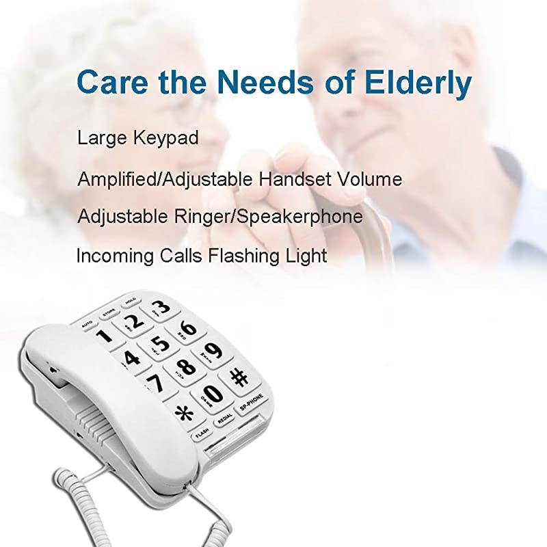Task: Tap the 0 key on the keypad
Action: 213,393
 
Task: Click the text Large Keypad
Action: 137,138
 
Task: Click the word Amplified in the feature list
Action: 115,180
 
